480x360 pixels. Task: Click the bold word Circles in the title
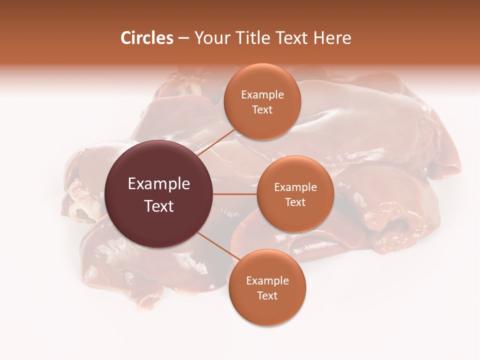click(x=146, y=38)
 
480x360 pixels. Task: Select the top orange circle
click(x=262, y=122)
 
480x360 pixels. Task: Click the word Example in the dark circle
click(x=159, y=184)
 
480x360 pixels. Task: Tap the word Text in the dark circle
click(x=159, y=206)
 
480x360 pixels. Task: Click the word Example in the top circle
click(x=262, y=94)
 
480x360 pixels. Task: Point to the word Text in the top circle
click(x=262, y=109)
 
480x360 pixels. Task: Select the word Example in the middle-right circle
click(x=295, y=187)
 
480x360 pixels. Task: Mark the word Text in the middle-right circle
click(x=295, y=202)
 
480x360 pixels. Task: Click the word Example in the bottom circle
click(x=267, y=280)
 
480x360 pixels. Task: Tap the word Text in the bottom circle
click(x=267, y=295)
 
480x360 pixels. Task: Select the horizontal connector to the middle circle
click(x=235, y=194)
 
